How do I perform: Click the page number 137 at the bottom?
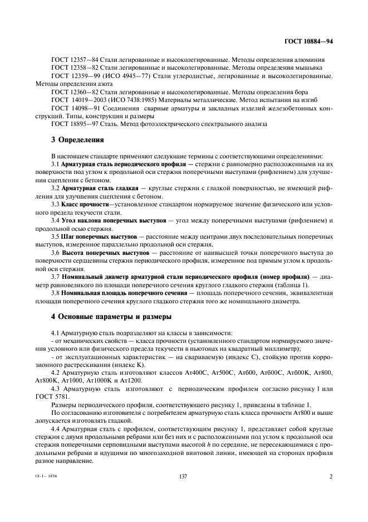coord(184,492)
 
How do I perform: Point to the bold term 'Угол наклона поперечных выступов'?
coord(113,221)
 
